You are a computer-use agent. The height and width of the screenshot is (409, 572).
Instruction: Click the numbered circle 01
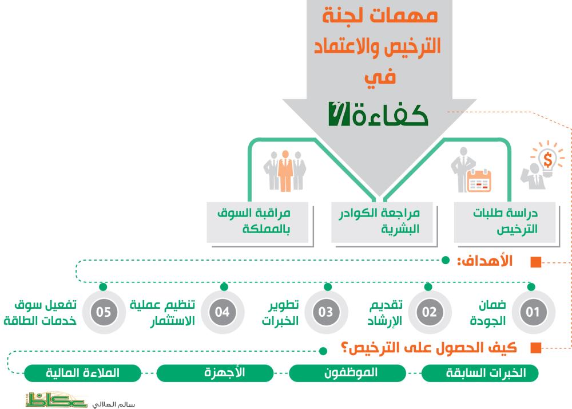533,312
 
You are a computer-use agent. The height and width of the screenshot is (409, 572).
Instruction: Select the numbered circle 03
326,312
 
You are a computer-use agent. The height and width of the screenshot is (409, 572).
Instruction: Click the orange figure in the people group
284,171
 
